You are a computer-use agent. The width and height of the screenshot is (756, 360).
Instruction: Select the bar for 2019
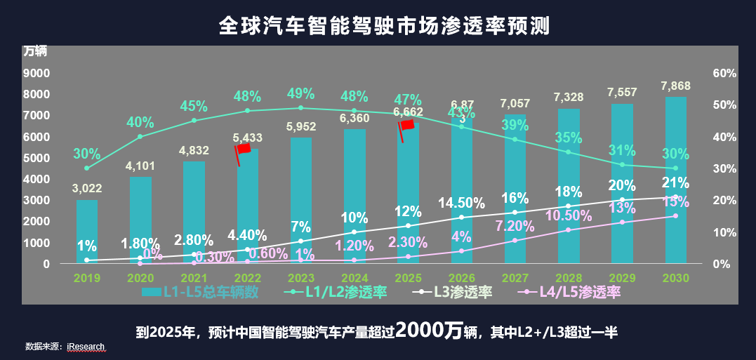coord(87,232)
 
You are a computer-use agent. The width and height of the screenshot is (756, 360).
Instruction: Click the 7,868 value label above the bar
coord(675,86)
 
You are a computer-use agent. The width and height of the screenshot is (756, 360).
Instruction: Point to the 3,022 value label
coord(87,188)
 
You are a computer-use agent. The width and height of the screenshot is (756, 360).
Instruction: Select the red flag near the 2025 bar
coord(406,124)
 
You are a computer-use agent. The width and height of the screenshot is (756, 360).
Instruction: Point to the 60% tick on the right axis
coord(724,73)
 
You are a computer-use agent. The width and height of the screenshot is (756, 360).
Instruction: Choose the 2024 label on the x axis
coord(354,278)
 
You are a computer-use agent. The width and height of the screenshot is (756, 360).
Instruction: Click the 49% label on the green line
coord(300,94)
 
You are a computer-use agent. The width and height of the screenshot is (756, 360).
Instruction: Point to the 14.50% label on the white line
coord(461,204)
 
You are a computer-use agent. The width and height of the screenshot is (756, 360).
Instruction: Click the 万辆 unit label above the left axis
coord(35,51)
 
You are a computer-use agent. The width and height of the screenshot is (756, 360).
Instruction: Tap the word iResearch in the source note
coord(86,347)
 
